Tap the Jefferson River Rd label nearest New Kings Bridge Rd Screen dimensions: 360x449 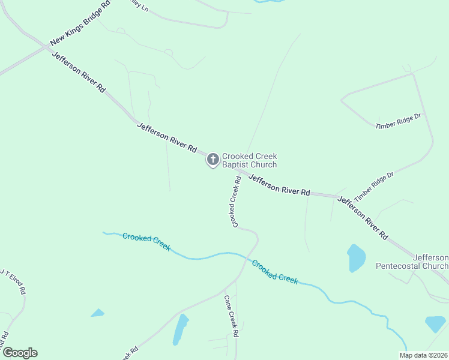click(x=79, y=72)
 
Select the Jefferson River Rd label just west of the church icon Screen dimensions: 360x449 click(x=167, y=137)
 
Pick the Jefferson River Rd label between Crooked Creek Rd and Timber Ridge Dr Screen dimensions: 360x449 click(x=280, y=184)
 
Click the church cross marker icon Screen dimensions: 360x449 click(x=212, y=160)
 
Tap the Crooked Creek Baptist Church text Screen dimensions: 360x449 click(x=249, y=160)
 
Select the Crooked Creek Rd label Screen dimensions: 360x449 click(x=234, y=202)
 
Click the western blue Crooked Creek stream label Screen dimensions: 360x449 click(x=146, y=242)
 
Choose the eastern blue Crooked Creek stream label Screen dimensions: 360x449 click(x=275, y=271)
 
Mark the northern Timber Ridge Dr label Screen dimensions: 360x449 click(x=399, y=122)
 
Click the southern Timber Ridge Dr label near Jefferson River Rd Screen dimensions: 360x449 click(x=373, y=187)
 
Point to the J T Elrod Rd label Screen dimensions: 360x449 click(x=13, y=281)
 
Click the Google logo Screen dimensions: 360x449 click(x=20, y=353)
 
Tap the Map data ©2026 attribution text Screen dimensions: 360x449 click(x=423, y=355)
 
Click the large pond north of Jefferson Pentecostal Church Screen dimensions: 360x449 click(x=356, y=258)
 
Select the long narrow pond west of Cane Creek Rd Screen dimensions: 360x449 click(x=180, y=329)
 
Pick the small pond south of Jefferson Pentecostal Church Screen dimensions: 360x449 click(x=435, y=324)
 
